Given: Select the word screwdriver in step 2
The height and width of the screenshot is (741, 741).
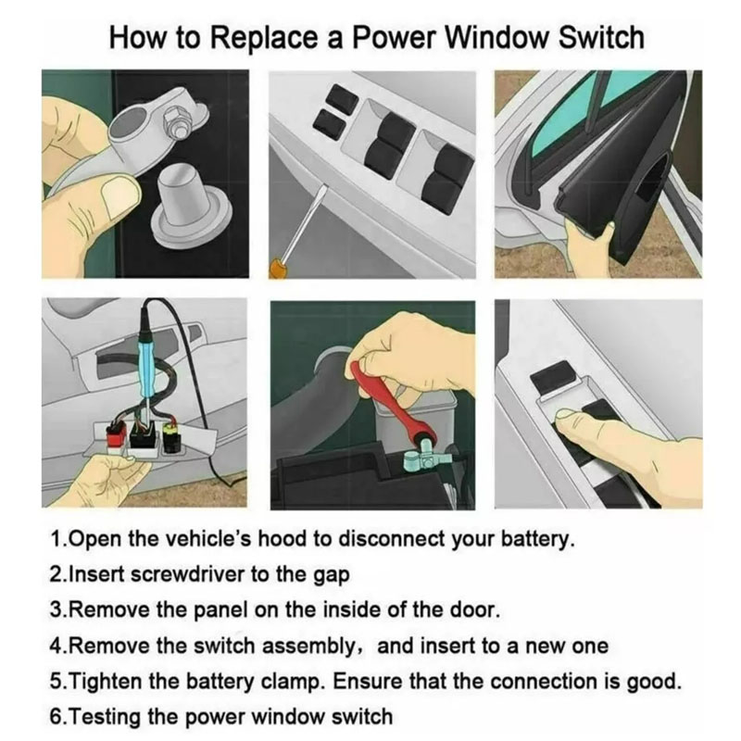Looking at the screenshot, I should pyautogui.click(x=190, y=575).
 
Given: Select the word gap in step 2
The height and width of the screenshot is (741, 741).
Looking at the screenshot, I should pyautogui.click(x=331, y=575).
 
